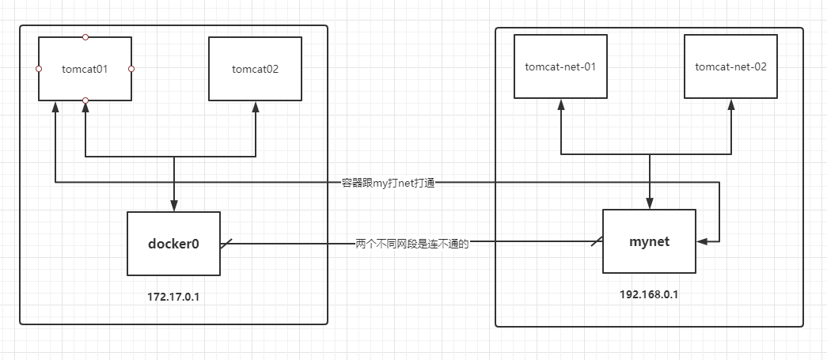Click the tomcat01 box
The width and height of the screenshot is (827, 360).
click(x=85, y=69)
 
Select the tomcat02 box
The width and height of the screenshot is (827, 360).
click(x=255, y=69)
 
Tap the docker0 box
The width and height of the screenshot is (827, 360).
click(x=173, y=244)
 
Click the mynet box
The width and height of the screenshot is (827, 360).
click(x=649, y=241)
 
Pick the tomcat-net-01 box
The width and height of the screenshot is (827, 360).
click(x=560, y=66)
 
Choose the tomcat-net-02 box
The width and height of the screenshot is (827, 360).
click(x=730, y=66)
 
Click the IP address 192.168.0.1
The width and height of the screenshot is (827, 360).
click(x=649, y=294)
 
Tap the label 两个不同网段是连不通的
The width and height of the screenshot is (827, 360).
click(x=412, y=244)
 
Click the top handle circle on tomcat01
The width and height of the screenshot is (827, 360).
click(x=85, y=37)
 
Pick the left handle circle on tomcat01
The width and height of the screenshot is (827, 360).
click(x=39, y=69)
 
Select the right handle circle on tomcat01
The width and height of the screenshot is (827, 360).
click(x=131, y=69)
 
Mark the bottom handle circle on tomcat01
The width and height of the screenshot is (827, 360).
click(x=85, y=100)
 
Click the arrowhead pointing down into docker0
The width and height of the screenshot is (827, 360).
click(x=174, y=207)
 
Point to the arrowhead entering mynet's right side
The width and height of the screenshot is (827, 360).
click(x=701, y=241)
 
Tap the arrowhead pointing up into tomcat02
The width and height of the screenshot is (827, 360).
click(x=256, y=106)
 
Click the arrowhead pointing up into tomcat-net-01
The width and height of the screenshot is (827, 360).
click(x=560, y=104)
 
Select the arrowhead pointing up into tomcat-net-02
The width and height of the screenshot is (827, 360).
click(x=731, y=104)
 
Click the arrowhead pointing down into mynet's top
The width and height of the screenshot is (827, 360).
click(x=650, y=204)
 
